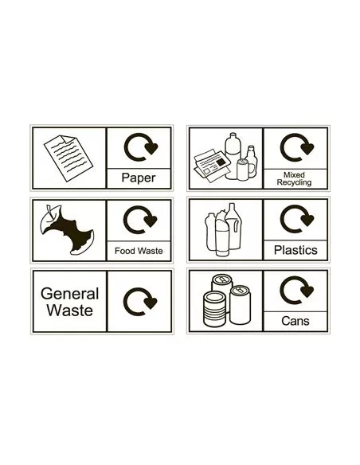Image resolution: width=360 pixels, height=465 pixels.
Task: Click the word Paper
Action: coord(138,178)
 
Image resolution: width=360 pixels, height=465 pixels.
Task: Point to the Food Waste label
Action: coord(138,251)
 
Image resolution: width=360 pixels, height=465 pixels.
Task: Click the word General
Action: coord(69,294)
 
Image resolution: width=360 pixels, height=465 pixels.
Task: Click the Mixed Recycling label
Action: coord(294,178)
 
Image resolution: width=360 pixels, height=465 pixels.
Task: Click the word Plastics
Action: coord(295,250)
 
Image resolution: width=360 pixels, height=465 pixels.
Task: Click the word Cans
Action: coord(295,322)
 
